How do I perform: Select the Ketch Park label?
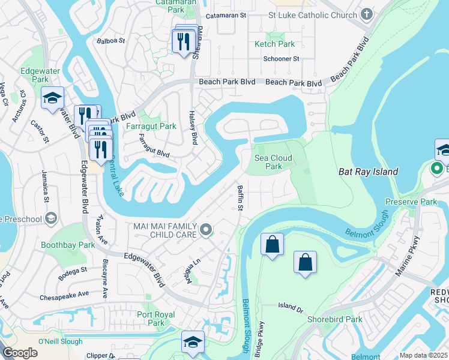point(274,44)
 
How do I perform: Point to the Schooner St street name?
point(281,59)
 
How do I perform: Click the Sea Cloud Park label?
point(273,162)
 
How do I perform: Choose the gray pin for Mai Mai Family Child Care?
point(206,229)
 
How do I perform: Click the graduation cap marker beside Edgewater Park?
point(52,98)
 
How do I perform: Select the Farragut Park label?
point(151,127)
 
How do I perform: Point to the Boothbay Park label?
point(68,245)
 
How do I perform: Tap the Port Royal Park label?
point(155,319)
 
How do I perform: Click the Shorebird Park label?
point(334,320)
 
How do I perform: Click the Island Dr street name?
point(291,307)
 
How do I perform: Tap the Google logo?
point(20,353)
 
